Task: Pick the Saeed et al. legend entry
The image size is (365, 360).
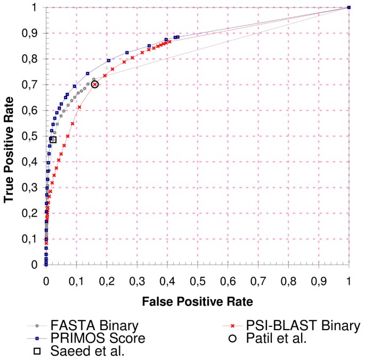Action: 79,351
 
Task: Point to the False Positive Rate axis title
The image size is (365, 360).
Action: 197,301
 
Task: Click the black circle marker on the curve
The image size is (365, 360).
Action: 95,84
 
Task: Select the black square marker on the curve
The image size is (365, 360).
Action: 53,139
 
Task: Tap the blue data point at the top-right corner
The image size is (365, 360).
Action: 348,7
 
